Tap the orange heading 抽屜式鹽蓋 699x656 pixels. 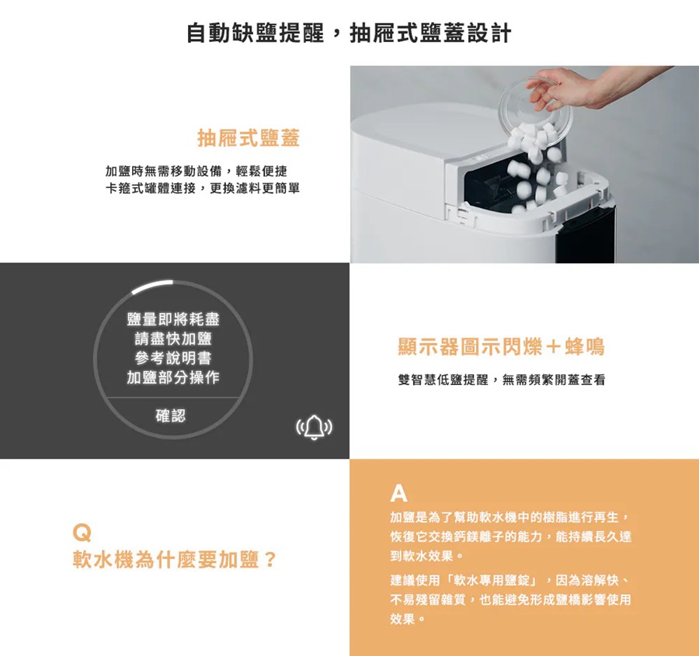click(249, 139)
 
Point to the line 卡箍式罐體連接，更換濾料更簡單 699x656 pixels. click(202, 189)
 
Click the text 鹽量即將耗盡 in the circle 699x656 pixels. click(173, 320)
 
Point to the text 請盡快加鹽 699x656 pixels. click(173, 339)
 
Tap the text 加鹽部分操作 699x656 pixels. click(173, 378)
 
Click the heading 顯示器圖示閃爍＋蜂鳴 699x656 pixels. click(500, 347)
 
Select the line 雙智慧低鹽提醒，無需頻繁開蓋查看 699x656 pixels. click(500, 380)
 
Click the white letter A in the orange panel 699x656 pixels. click(398, 493)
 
